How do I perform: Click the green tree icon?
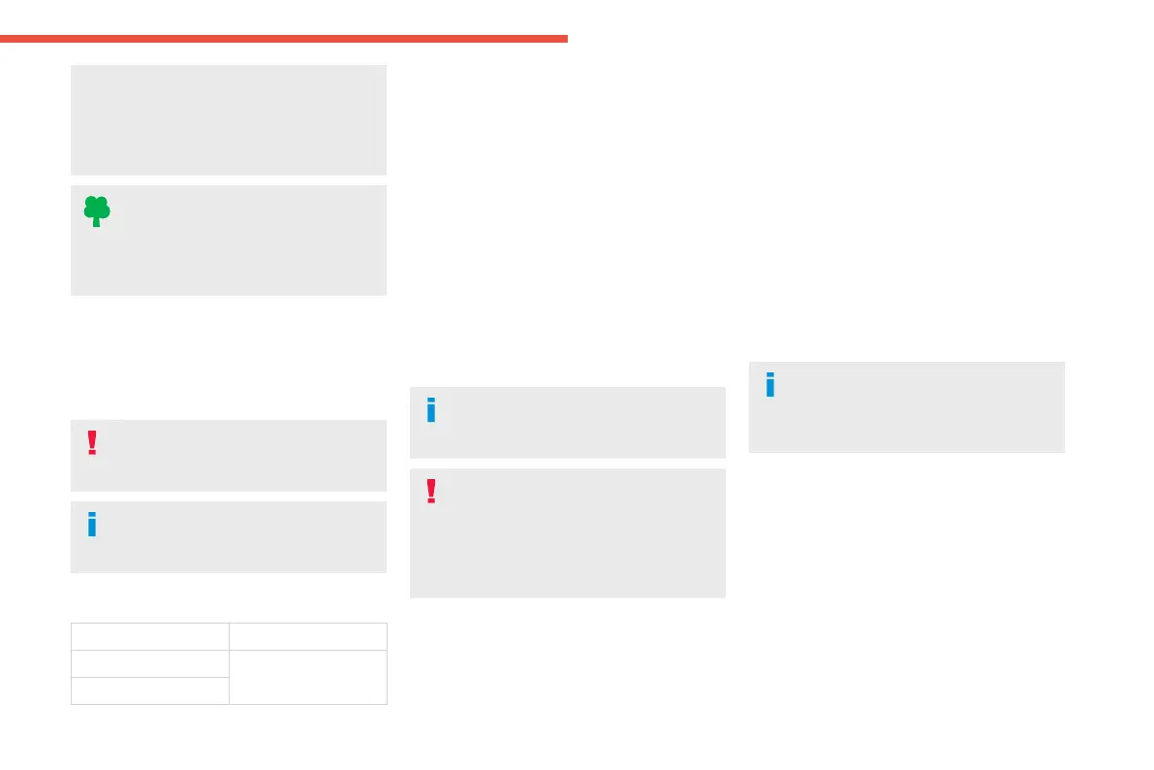coord(96,210)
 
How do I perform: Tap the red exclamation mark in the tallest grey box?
coord(431,492)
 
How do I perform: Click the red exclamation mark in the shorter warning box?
coord(92,442)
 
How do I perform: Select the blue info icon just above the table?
coord(92,524)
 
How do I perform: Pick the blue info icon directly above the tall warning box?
coord(431,410)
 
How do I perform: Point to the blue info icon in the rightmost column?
coord(770,385)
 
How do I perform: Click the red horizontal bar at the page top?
coord(283,39)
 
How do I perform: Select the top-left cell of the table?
coord(150,636)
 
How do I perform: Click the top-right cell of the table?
coord(307,636)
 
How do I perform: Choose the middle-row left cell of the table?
coord(150,662)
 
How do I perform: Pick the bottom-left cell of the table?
coord(150,690)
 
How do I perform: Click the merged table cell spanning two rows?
coord(307,676)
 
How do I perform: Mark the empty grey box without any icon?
coord(229,120)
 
